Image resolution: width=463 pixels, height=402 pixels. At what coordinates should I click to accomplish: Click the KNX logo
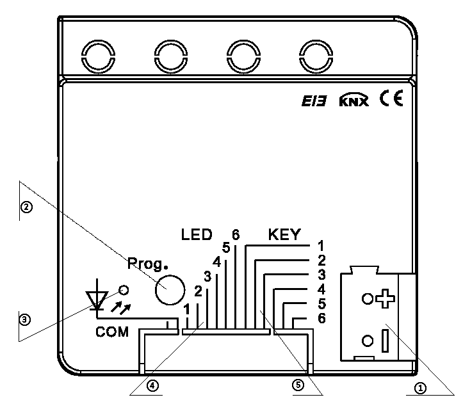pyautogui.click(x=353, y=100)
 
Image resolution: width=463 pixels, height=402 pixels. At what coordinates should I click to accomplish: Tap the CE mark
pyautogui.click(x=391, y=98)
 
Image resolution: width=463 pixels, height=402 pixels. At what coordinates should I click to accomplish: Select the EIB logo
pyautogui.click(x=314, y=101)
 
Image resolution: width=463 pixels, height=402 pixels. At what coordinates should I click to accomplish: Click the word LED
pyautogui.click(x=197, y=234)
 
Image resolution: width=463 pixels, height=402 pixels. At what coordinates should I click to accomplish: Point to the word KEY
pyautogui.click(x=284, y=234)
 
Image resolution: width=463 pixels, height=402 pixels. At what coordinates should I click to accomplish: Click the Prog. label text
pyautogui.click(x=147, y=264)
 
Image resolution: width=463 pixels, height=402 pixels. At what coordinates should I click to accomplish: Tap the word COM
pyautogui.click(x=112, y=332)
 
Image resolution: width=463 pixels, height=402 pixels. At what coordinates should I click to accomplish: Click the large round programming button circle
pyautogui.click(x=170, y=290)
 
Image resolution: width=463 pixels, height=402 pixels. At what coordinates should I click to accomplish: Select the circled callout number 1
pyautogui.click(x=421, y=388)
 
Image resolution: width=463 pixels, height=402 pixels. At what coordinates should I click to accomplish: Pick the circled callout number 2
pyautogui.click(x=26, y=207)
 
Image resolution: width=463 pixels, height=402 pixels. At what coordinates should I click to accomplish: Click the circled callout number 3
pyautogui.click(x=25, y=319)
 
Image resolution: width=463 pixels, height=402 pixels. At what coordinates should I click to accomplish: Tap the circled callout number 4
pyautogui.click(x=152, y=385)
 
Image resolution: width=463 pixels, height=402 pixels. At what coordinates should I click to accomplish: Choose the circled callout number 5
pyautogui.click(x=298, y=385)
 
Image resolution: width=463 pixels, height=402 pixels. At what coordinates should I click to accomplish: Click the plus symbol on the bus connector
pyautogui.click(x=385, y=299)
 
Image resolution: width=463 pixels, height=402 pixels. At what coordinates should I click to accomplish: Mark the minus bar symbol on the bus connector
pyautogui.click(x=385, y=341)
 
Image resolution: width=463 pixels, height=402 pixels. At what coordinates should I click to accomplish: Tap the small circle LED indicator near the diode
pyautogui.click(x=124, y=290)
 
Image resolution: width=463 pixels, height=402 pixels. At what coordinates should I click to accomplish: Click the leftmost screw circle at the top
pyautogui.click(x=99, y=56)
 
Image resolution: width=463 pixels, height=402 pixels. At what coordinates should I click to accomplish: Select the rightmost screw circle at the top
pyautogui.click(x=316, y=56)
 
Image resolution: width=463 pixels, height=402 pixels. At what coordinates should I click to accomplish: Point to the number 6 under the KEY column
pyautogui.click(x=321, y=318)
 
